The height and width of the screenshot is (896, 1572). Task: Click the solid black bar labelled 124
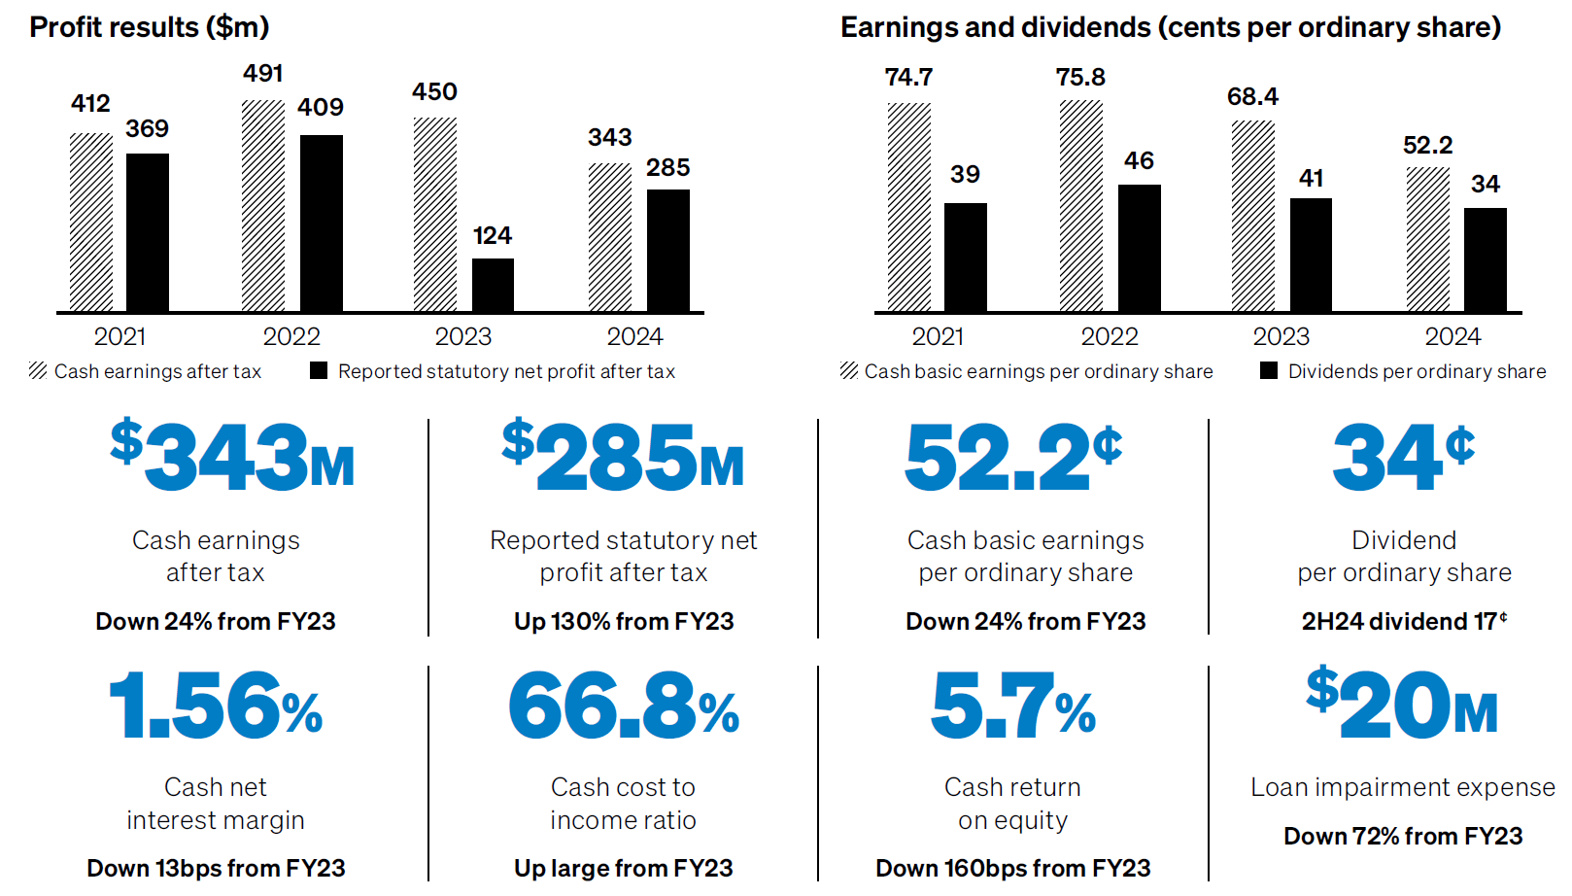(x=493, y=285)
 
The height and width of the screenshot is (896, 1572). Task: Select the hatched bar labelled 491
(x=263, y=205)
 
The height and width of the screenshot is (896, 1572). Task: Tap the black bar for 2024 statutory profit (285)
(x=667, y=250)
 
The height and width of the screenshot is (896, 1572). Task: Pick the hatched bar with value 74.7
(x=908, y=207)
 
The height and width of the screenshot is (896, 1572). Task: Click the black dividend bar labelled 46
(x=1139, y=248)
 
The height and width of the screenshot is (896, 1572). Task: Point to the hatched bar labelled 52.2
(x=1427, y=239)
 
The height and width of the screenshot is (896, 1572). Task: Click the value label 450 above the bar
(x=434, y=92)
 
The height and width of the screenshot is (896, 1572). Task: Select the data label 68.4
(x=1252, y=97)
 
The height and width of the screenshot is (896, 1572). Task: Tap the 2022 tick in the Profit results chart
(x=291, y=336)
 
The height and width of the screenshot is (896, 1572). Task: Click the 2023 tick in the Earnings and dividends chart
(x=1281, y=336)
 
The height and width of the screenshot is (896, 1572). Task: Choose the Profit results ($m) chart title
(x=150, y=27)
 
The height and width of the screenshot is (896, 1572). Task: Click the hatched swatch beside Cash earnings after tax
(x=38, y=370)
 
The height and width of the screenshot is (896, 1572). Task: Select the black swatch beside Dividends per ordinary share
(x=1268, y=370)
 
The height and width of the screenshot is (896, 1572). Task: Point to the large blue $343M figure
(x=233, y=456)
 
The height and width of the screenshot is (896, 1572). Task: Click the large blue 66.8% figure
(x=624, y=706)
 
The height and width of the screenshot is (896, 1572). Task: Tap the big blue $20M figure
(x=1402, y=704)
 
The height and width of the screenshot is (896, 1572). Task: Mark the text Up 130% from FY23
(x=624, y=621)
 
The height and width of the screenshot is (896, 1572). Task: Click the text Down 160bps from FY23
(x=1012, y=868)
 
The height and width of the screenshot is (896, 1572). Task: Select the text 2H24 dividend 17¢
(x=1404, y=621)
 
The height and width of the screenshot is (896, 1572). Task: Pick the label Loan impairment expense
(x=1402, y=787)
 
